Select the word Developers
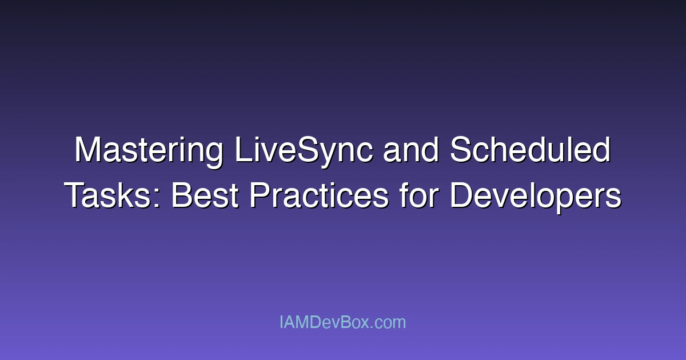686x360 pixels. (535, 196)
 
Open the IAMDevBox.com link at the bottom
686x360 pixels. (342, 322)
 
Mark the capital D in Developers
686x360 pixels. (461, 196)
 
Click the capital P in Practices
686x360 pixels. (260, 196)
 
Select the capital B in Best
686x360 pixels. (182, 196)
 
